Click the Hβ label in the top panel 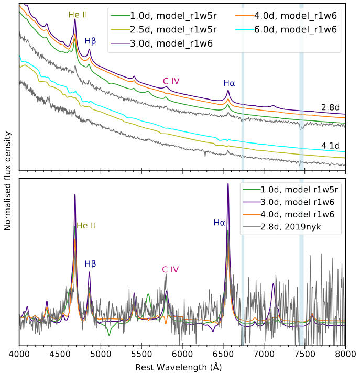coord(91,40)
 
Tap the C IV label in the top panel coord(171,81)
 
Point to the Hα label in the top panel coord(229,82)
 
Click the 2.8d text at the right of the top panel coord(331,107)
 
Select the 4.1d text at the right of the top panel coord(331,145)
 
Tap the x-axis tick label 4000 coord(19,355)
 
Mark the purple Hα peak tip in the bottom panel coord(228,183)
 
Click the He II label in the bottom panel coord(86,226)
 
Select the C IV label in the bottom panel coord(170,269)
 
